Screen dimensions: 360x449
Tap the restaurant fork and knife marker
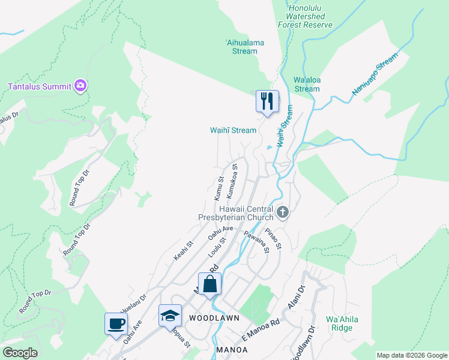point(267,100)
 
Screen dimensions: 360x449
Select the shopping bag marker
point(210,283)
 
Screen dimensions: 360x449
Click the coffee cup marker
point(116,324)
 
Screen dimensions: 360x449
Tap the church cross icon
point(283,212)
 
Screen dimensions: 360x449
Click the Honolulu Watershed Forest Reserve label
point(305,17)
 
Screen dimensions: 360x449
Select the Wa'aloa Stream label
point(306,84)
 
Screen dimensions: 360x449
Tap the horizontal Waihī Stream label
point(233,130)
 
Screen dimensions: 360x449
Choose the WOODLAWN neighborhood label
point(214,317)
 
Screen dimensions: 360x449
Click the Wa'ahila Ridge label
point(342,323)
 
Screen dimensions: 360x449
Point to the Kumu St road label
point(219,188)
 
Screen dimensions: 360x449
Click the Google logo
point(20,353)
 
